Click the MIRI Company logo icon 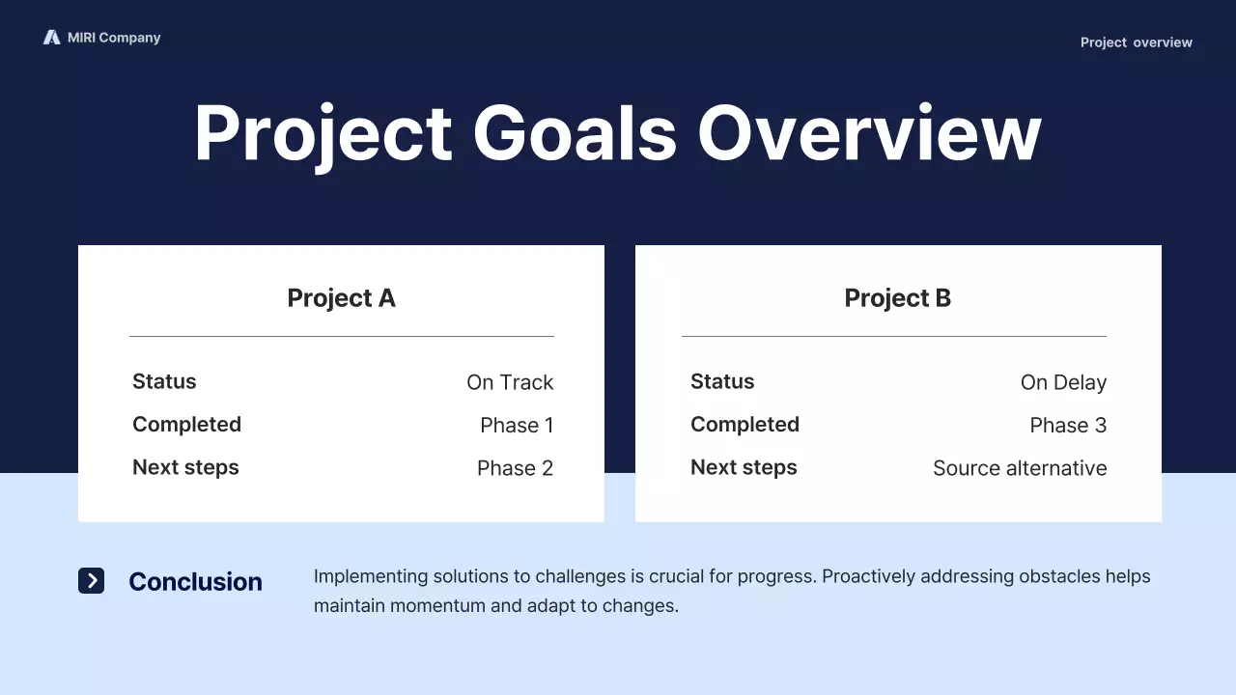[51, 38]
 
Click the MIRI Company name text [114, 38]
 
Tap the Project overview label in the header [1136, 42]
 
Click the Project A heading [341, 298]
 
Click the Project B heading [897, 298]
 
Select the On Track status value [510, 382]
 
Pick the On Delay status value [1063, 382]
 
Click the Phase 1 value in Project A [517, 426]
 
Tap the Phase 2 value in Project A [515, 468]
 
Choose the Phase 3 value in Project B [1068, 426]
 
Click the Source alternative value [1020, 468]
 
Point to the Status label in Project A [164, 381]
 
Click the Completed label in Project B [744, 425]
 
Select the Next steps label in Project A [185, 467]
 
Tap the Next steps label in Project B [744, 467]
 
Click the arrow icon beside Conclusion [91, 580]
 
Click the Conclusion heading [195, 582]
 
